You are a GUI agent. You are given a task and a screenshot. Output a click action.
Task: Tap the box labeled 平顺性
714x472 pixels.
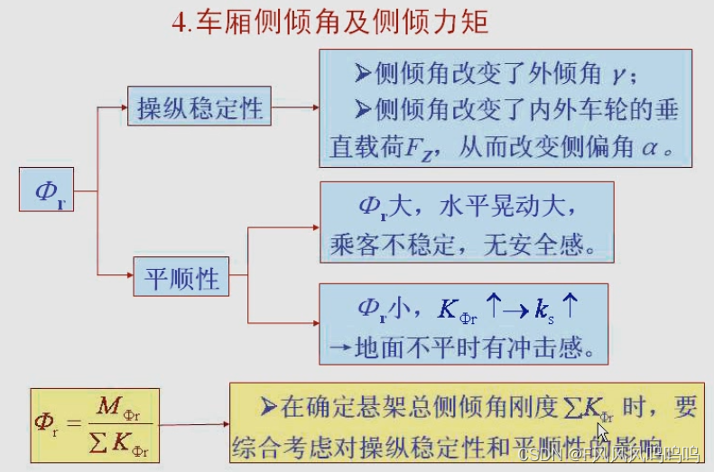[181, 278]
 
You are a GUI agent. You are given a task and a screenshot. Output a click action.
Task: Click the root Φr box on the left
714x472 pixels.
[47, 190]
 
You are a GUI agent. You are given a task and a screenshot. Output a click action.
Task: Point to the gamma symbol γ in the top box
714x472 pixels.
[617, 73]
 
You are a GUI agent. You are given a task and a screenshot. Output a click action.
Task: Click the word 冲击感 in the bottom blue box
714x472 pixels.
[542, 347]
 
